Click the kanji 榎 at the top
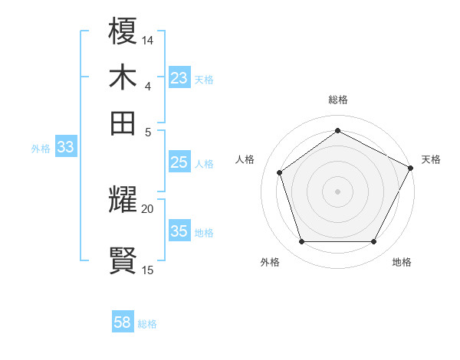click(x=123, y=32)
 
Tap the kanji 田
click(x=123, y=122)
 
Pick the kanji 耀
click(x=123, y=201)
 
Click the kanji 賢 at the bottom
click(x=123, y=260)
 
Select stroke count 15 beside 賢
click(x=148, y=270)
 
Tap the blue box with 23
click(x=179, y=78)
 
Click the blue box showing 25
click(x=179, y=162)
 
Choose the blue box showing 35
click(x=179, y=231)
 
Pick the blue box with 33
click(x=64, y=148)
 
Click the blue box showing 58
click(x=123, y=322)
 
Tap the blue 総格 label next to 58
click(x=147, y=324)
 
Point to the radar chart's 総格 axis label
click(x=337, y=100)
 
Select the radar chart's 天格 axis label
click(x=431, y=159)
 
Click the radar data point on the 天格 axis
click(x=411, y=167)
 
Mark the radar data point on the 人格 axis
click(x=280, y=172)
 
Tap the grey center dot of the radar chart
click(x=337, y=191)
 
